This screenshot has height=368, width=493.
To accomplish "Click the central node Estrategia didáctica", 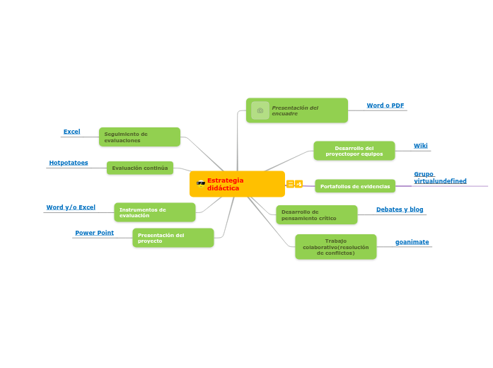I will click(x=237, y=184).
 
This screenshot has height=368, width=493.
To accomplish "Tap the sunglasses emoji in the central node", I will click(x=201, y=184).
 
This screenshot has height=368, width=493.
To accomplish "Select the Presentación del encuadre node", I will click(x=297, y=110).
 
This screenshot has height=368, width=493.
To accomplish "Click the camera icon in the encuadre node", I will click(x=260, y=110).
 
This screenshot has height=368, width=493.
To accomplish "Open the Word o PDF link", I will click(x=385, y=105).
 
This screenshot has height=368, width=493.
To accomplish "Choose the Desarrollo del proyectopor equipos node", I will click(x=354, y=151).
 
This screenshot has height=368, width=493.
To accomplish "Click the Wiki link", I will click(x=421, y=146).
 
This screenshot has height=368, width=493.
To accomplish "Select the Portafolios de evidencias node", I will click(x=355, y=186).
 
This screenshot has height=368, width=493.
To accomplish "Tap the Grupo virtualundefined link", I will click(x=440, y=178).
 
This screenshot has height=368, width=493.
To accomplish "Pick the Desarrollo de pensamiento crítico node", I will click(x=316, y=214).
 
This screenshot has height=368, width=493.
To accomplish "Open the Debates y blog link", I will click(x=400, y=209).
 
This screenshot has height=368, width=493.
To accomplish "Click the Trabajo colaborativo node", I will click(x=336, y=247).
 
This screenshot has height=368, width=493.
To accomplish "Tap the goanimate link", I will click(x=412, y=242).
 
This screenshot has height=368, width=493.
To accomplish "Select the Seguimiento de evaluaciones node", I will click(x=139, y=137).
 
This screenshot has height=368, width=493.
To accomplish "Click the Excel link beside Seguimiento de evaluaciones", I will click(x=71, y=132).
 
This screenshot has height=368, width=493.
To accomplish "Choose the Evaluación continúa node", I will click(x=140, y=168).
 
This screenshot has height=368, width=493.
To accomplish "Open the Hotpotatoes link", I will click(x=69, y=163).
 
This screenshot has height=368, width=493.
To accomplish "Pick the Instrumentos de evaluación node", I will click(x=155, y=212).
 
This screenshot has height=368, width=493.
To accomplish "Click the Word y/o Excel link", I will click(x=71, y=207).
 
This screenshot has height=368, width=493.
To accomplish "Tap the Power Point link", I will click(x=94, y=233).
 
